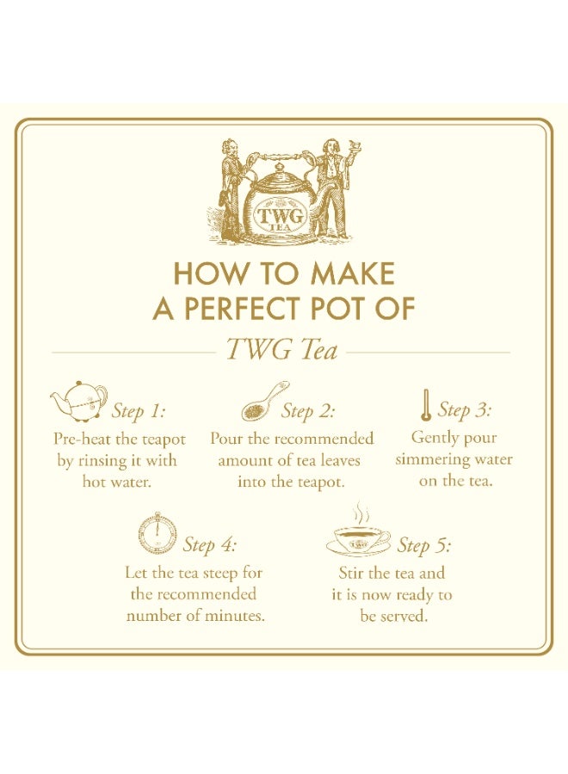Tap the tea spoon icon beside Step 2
(263, 400)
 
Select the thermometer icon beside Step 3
(425, 405)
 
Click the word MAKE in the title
(352, 274)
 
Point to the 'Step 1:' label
(139, 411)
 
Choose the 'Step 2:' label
(308, 411)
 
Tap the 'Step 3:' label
(466, 409)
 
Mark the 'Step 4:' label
(209, 545)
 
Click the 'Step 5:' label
(423, 545)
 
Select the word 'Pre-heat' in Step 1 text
(81, 439)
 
